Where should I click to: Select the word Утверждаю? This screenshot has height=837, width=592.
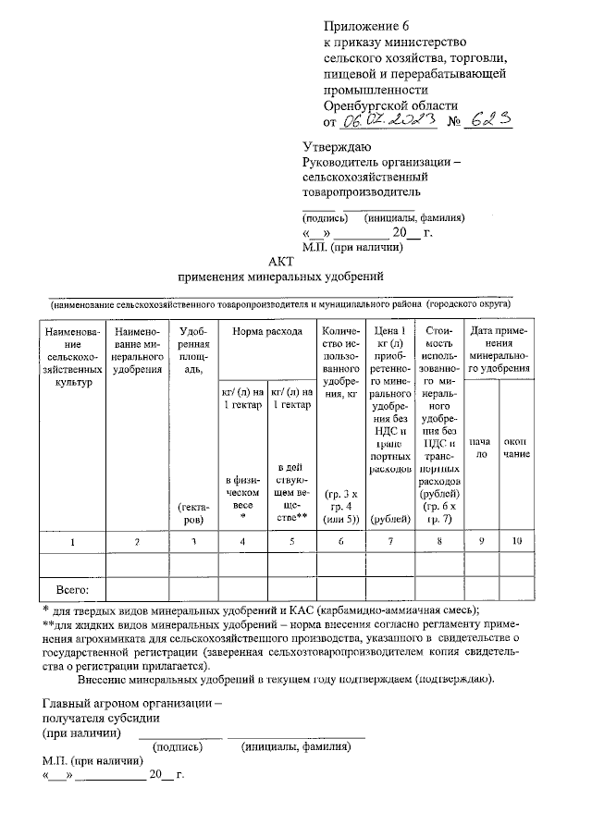[x=338, y=147]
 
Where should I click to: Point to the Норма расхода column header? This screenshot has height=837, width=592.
[x=266, y=331]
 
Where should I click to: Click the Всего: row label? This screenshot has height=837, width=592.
[x=72, y=588]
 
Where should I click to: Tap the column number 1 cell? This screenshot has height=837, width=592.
[x=72, y=541]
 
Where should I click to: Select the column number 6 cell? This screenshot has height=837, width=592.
[x=341, y=541]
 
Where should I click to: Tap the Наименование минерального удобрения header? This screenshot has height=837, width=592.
[x=138, y=350]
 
